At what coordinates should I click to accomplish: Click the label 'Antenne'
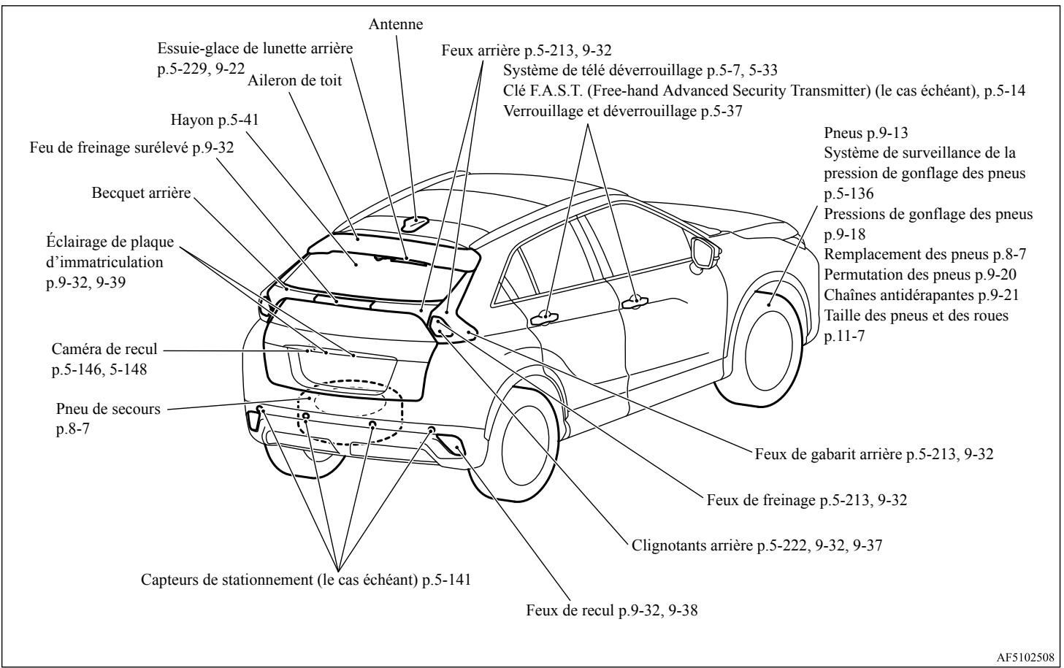tap(396, 24)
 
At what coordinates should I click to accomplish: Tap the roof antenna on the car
tap(416, 223)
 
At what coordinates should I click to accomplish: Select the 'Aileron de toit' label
tap(294, 80)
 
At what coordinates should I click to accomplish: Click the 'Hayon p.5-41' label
tap(215, 120)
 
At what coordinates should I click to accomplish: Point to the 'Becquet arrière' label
tap(141, 193)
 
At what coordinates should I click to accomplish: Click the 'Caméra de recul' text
tap(104, 350)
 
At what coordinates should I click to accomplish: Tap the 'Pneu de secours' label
tap(108, 409)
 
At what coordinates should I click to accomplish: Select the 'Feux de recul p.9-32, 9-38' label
tap(612, 610)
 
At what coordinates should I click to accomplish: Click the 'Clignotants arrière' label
tap(692, 545)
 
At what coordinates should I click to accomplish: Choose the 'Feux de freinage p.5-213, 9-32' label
tap(806, 500)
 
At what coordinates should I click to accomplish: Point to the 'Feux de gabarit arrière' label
tap(828, 455)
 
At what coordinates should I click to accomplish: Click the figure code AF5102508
tap(1025, 658)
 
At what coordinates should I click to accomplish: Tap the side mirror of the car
tap(704, 253)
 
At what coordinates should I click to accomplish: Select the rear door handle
tap(544, 318)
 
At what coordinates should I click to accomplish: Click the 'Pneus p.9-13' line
tap(865, 133)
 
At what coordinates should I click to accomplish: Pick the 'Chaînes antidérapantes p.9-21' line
tap(921, 295)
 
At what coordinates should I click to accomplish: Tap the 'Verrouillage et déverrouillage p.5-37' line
tap(622, 112)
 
